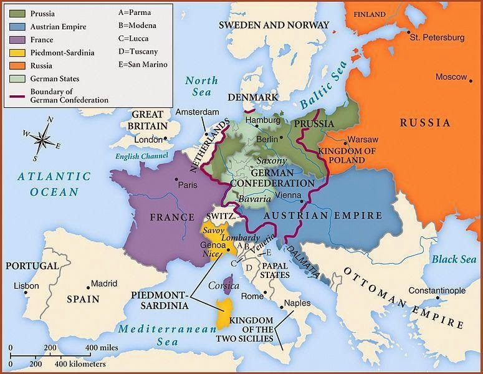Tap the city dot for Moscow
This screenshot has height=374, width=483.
pyautogui.click(x=469, y=77)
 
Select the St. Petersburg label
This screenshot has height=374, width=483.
pyautogui.click(x=437, y=38)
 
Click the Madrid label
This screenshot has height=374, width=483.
pyautogui.click(x=104, y=283)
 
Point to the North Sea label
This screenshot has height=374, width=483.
pyautogui.click(x=202, y=86)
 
